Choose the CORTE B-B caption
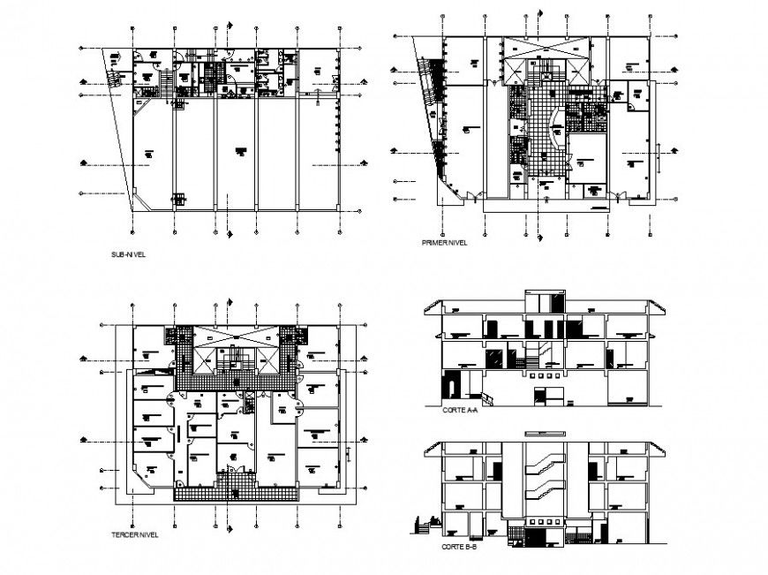click(459, 548)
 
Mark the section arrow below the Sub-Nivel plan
click(230, 235)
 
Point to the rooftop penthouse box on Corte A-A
click(543, 301)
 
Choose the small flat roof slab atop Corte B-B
click(543, 434)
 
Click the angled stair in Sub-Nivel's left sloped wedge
click(113, 75)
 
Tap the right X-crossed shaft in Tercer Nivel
click(267, 359)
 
